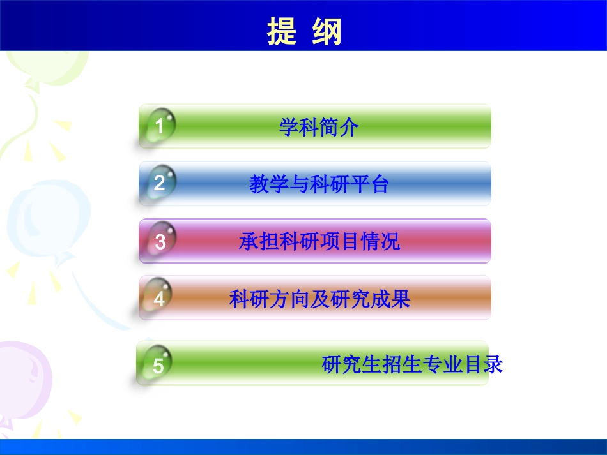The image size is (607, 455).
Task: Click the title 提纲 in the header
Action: coord(305,31)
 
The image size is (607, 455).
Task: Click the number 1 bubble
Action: coord(160,126)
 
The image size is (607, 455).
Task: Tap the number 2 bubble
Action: coord(160,183)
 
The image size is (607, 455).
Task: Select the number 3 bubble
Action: coord(160,241)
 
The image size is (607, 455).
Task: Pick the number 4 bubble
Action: coord(159,298)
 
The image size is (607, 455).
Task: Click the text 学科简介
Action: coord(319,128)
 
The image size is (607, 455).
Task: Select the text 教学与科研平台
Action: coord(319,184)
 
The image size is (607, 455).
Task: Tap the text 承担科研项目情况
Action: coord(319,242)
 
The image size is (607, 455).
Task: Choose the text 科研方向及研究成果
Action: coord(319,299)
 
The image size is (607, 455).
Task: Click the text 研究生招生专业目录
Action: coord(413,364)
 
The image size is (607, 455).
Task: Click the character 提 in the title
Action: coord(282,31)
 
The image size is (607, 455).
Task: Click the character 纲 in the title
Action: coord(328,31)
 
